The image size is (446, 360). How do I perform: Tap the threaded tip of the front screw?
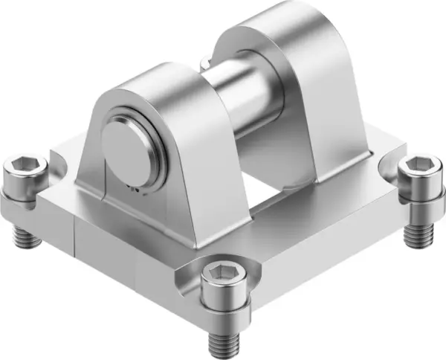pyautogui.click(x=221, y=343)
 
